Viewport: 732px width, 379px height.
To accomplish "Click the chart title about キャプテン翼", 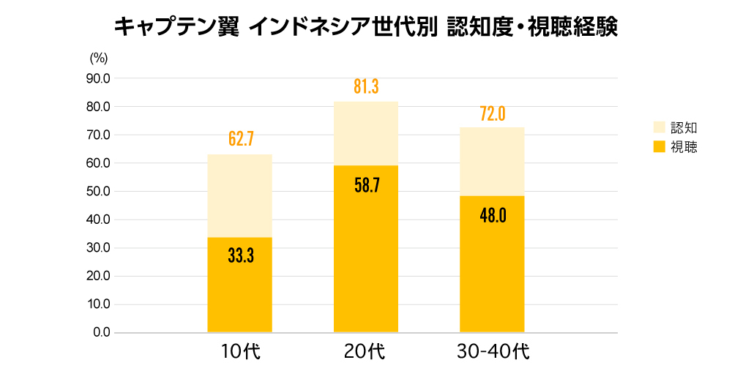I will (366, 26).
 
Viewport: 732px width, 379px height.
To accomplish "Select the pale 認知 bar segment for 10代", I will (239, 195).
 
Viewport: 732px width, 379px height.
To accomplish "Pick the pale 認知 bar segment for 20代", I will (366, 133).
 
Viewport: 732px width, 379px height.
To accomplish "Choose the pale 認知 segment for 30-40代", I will (492, 161).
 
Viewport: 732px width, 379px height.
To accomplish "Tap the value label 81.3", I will (366, 86).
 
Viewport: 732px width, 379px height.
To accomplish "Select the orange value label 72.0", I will (492, 113).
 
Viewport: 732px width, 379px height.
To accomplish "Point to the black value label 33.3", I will (239, 256).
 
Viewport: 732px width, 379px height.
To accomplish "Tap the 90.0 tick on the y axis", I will (97, 78).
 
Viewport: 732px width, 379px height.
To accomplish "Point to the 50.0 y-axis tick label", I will (97, 192).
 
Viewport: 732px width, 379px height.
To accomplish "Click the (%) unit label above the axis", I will (99, 56).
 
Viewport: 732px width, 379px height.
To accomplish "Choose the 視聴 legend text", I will (684, 147).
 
